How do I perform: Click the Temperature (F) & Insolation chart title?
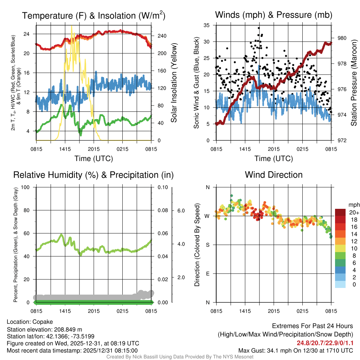pyautogui.click(x=94, y=15)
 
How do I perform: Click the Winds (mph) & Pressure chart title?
pyautogui.click(x=274, y=15)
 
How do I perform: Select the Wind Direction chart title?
pyautogui.click(x=274, y=175)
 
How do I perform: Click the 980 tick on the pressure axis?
pyautogui.click(x=341, y=38)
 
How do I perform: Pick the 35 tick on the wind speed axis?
pyautogui.click(x=207, y=25)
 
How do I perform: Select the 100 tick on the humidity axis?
pyautogui.click(x=25, y=187)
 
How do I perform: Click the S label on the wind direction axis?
pyautogui.click(x=207, y=245)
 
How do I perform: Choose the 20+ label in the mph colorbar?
pyautogui.click(x=354, y=213)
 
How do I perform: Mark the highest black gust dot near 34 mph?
pyautogui.click(x=259, y=28)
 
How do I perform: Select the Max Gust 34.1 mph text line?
pyautogui.click(x=296, y=350)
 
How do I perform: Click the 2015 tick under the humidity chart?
pyautogui.click(x=94, y=311)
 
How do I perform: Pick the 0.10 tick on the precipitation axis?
pyautogui.click(x=162, y=187)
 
